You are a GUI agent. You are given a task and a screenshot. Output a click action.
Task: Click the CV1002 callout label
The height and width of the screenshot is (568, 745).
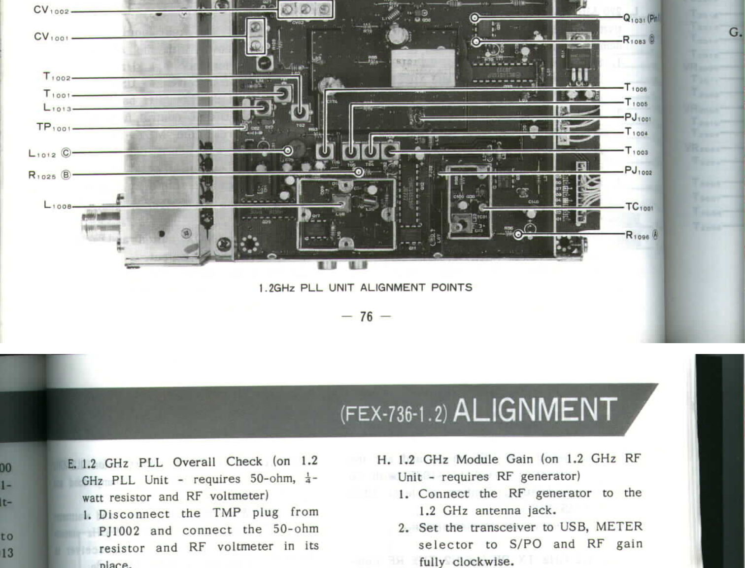(x=51, y=10)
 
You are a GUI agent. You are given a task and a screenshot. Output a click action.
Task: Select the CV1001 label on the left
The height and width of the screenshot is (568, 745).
(x=51, y=37)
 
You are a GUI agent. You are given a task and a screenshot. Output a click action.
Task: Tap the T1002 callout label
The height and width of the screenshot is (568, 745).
(x=57, y=77)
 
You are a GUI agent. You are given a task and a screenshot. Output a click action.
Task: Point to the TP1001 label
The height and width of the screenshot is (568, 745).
(x=54, y=127)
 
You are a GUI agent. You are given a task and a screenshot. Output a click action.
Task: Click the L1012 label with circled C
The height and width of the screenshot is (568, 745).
(x=49, y=153)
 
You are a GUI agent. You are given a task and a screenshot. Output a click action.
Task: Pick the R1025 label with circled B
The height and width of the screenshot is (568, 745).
(x=49, y=175)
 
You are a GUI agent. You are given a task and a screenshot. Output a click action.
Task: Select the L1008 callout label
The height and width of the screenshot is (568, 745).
(x=58, y=205)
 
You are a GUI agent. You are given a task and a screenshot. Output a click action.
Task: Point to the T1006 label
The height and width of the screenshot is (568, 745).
(x=636, y=88)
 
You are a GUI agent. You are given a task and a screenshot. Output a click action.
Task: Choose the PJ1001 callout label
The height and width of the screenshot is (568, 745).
(x=638, y=118)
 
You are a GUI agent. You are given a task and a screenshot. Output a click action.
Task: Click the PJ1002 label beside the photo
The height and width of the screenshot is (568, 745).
(x=638, y=171)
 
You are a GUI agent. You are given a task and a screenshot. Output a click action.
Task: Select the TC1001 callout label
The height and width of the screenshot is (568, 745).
(x=639, y=207)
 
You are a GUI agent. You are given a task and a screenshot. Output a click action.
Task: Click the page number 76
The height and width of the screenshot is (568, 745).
(x=366, y=317)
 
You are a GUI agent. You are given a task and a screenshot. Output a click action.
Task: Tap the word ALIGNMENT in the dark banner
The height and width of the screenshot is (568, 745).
(x=535, y=410)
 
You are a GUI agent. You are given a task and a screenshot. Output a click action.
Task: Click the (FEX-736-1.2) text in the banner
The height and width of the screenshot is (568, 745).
(x=394, y=413)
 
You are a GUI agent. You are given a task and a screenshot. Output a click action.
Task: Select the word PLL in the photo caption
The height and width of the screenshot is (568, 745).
(x=311, y=287)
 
